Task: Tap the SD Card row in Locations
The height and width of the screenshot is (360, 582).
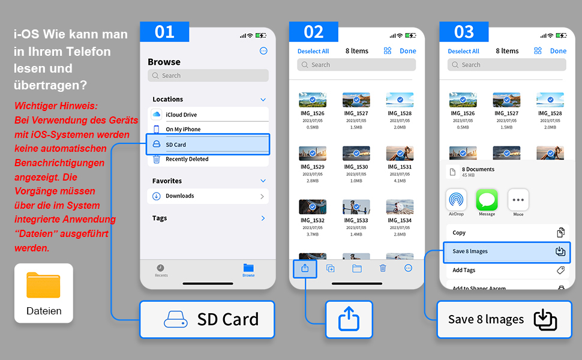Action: coord(208,144)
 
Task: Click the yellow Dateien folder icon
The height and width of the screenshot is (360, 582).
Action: coord(43,286)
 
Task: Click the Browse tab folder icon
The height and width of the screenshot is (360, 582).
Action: coord(248,268)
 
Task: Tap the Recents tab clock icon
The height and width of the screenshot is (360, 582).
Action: coord(160,268)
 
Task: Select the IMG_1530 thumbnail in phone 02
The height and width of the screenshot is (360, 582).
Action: coord(356,153)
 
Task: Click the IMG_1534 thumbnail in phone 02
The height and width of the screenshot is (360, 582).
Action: coord(400,207)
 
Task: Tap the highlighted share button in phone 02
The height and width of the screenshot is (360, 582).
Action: coord(305,268)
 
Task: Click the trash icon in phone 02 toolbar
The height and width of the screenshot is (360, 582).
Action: coord(383,268)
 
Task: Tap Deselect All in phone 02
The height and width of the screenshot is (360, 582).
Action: coord(313,51)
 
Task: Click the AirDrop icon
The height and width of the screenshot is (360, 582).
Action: coord(456,199)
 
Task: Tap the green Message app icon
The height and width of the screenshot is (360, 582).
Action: coord(487,199)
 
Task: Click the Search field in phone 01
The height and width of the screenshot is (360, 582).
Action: coord(208,76)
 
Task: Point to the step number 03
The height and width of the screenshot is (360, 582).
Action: coord(464,32)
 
